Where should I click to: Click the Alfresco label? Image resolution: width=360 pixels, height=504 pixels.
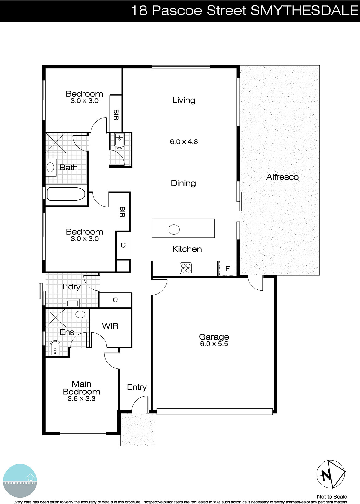click(282, 177)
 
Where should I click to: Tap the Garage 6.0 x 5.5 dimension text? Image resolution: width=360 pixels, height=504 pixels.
click(214, 344)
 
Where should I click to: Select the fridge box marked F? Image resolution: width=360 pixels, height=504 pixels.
click(227, 269)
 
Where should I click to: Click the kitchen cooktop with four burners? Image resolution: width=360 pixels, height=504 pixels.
click(186, 268)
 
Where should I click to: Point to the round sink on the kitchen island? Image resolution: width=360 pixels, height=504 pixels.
click(174, 229)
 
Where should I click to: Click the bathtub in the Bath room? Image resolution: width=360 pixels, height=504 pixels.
click(66, 194)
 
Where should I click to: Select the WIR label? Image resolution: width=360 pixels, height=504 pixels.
click(110, 326)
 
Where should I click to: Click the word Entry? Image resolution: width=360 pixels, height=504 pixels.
click(137, 387)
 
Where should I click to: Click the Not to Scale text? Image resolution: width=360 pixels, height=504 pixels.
click(332, 497)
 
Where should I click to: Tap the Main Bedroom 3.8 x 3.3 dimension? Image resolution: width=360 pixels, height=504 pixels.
click(82, 399)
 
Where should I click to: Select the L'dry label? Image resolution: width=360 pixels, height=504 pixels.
click(71, 287)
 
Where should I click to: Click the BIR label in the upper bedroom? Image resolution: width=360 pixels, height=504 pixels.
click(116, 115)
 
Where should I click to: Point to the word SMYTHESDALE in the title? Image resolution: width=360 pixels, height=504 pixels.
click(305, 11)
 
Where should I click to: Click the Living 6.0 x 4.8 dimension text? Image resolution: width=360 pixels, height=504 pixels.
click(184, 142)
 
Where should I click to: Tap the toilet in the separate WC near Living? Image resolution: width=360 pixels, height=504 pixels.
click(119, 141)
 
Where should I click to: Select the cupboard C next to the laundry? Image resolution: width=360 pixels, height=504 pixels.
click(115, 300)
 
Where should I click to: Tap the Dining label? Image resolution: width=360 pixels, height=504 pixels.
click(183, 183)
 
